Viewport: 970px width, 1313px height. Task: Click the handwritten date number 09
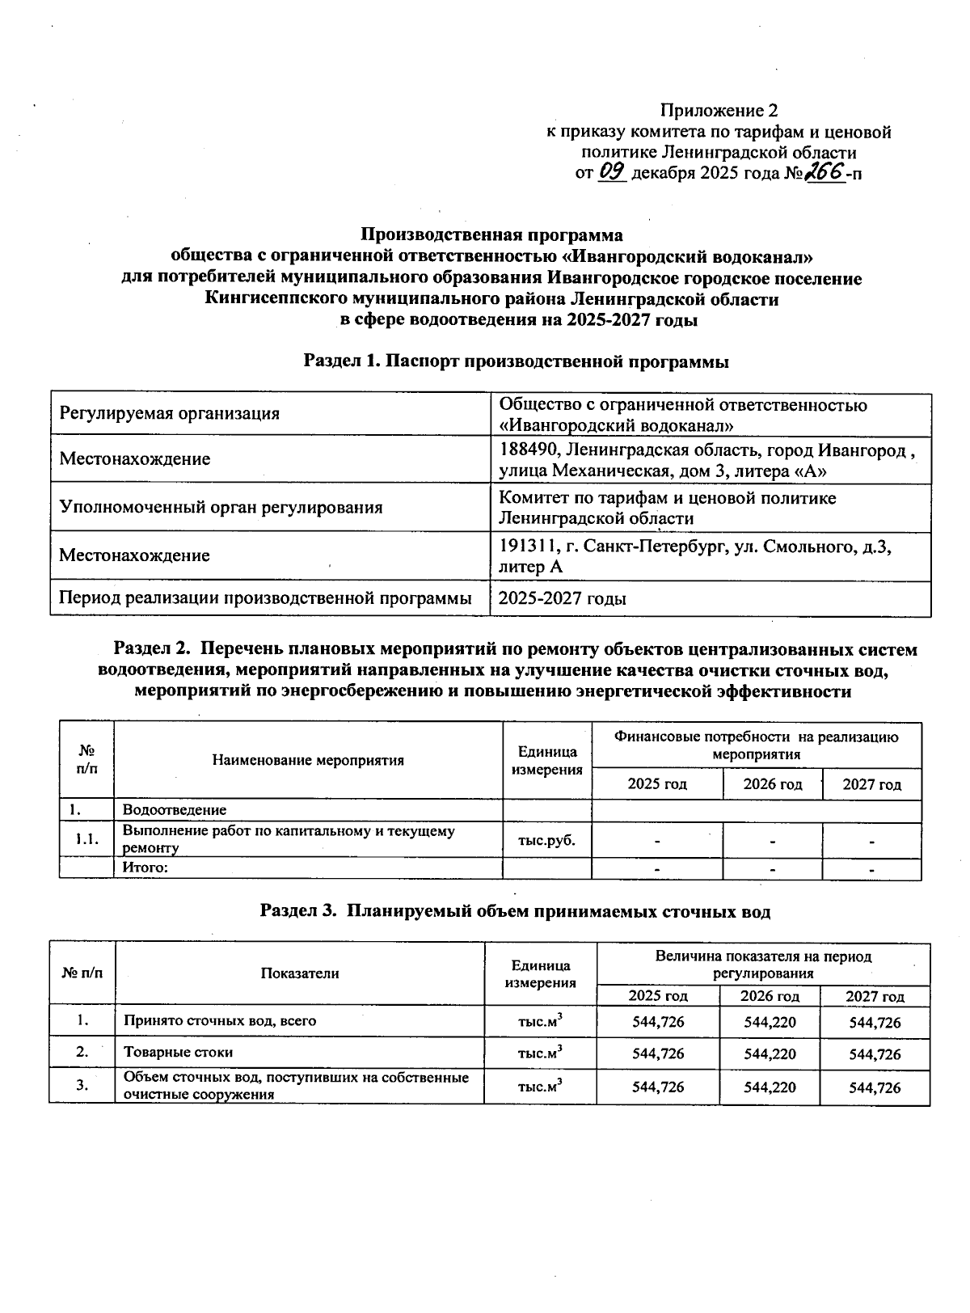click(x=613, y=172)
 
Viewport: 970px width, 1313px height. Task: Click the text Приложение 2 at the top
click(x=719, y=109)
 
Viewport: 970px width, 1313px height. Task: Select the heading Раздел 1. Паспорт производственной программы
click(x=516, y=362)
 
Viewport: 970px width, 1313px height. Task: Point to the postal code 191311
click(x=526, y=547)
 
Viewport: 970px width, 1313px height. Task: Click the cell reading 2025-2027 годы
click(x=563, y=599)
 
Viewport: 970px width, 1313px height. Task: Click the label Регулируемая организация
click(x=170, y=414)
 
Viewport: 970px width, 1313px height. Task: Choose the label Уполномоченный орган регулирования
click(x=221, y=508)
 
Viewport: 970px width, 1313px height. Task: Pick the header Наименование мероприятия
click(x=308, y=760)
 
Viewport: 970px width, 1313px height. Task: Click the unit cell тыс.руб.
click(x=546, y=840)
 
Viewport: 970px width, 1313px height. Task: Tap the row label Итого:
click(x=145, y=868)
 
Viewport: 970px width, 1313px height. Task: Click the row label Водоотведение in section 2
click(x=174, y=809)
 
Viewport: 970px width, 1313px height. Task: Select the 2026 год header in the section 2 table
click(x=772, y=784)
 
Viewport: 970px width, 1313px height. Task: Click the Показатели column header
click(x=299, y=973)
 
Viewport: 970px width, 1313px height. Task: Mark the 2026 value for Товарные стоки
click(x=770, y=1054)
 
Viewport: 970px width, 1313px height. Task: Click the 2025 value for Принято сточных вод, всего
click(x=658, y=1022)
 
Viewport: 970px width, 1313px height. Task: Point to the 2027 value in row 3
click(x=875, y=1087)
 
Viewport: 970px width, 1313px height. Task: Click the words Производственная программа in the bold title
click(x=491, y=235)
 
